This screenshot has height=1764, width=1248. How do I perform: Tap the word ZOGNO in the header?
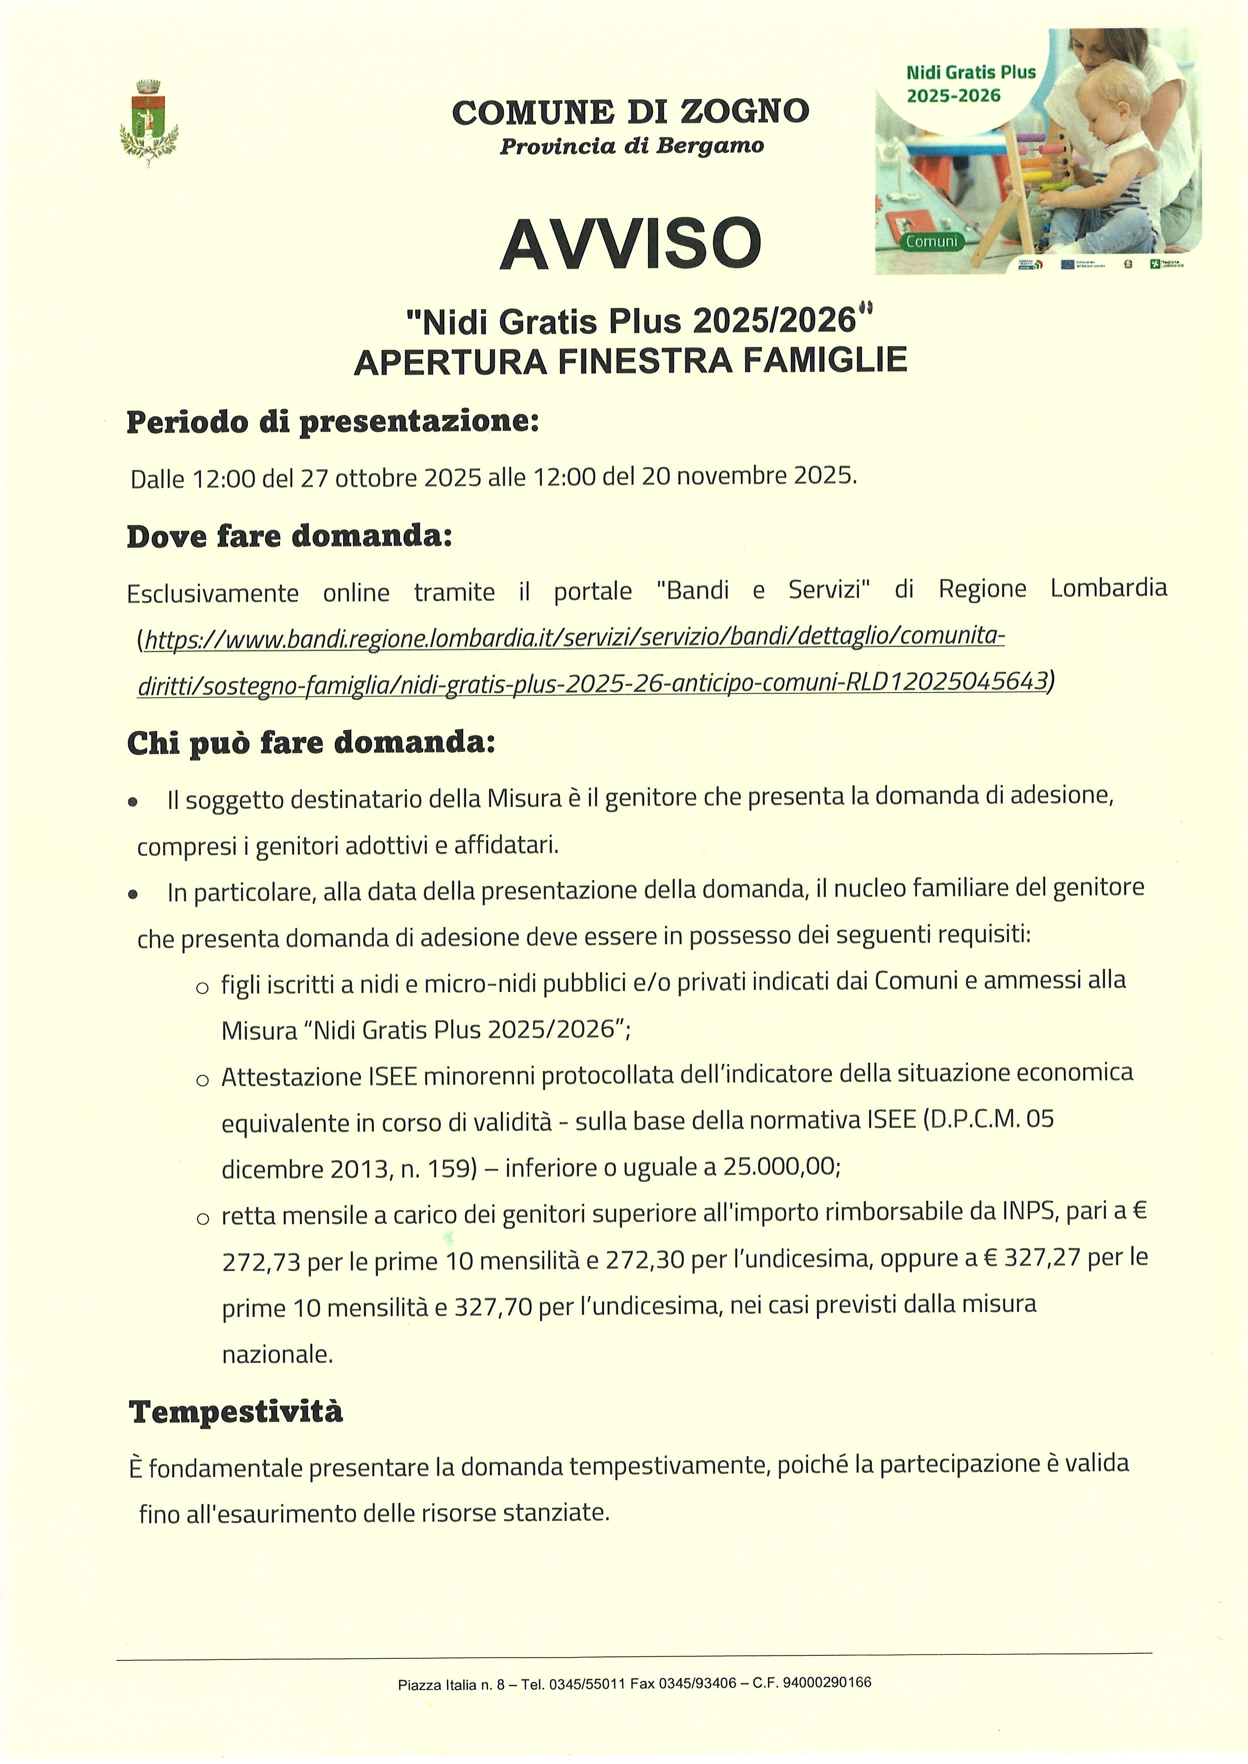pos(744,112)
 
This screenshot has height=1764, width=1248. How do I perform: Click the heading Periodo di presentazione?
pos(333,422)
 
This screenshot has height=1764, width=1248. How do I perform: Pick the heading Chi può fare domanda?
pos(310,743)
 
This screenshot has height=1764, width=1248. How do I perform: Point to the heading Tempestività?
pos(236,1411)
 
